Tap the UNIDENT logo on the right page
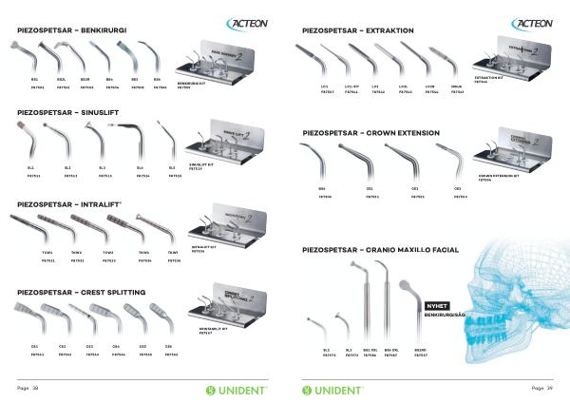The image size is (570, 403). (x=333, y=390)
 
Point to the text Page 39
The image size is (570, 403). (x=542, y=389)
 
